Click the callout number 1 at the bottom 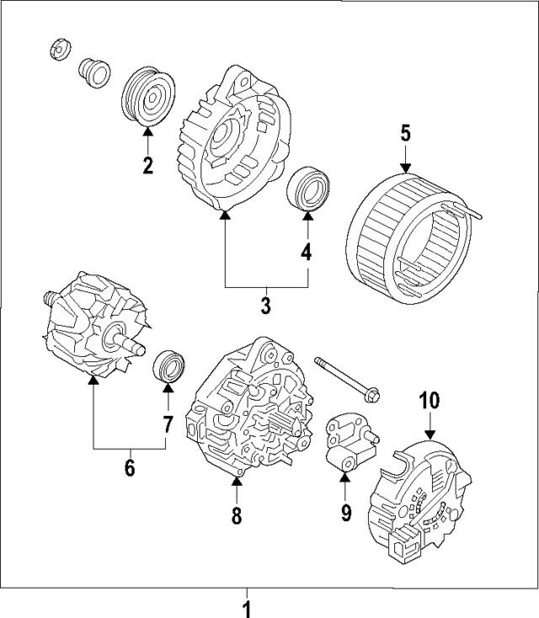[x=247, y=606]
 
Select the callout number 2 [x=147, y=165]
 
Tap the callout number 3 [x=265, y=305]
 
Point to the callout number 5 [x=405, y=133]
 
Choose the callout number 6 [x=130, y=467]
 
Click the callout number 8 [x=237, y=514]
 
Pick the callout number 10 [x=430, y=401]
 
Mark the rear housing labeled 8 [x=248, y=413]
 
